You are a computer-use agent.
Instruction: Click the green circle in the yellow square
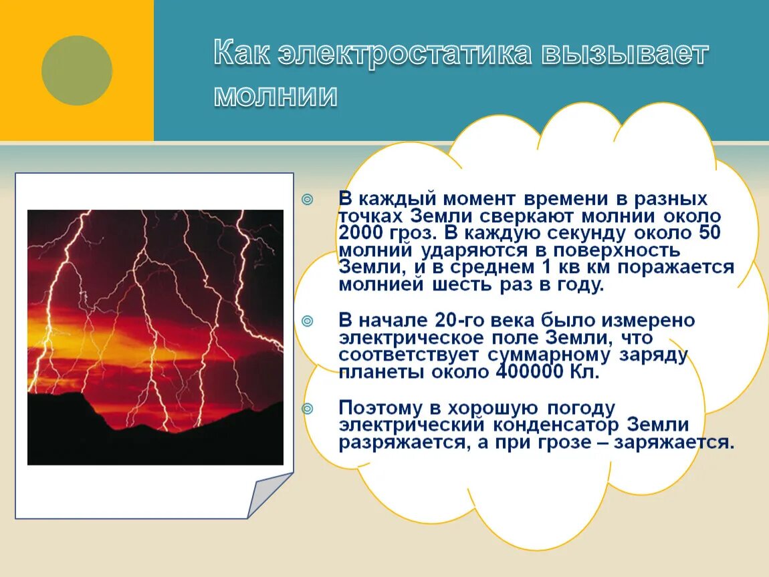77,70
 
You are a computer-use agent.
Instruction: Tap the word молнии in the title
276,95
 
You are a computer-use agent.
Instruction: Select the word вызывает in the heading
625,54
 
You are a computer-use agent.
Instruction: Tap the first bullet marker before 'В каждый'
307,199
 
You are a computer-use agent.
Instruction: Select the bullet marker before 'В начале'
307,321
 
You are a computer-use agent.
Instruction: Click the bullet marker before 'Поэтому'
307,408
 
